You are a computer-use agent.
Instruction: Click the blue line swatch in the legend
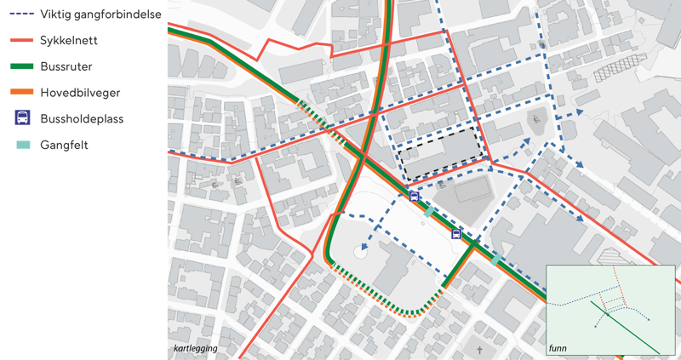pos(21,14)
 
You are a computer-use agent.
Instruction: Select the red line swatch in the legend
pos(21,40)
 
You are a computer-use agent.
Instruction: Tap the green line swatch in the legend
pos(21,66)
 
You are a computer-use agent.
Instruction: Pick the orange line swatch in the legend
pos(21,92)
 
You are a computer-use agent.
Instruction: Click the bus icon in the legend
pos(22,118)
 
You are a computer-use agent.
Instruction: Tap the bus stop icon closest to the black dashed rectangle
pos(415,197)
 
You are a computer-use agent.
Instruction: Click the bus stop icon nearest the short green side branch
pos(455,234)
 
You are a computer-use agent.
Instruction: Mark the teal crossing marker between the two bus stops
pos(431,211)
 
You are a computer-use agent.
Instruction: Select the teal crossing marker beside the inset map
pos(495,259)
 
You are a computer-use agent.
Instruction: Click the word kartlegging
pos(195,349)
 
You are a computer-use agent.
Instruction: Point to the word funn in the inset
pos(558,349)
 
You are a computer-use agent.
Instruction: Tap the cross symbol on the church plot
pos(479,350)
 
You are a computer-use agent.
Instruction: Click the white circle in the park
pos(361,253)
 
